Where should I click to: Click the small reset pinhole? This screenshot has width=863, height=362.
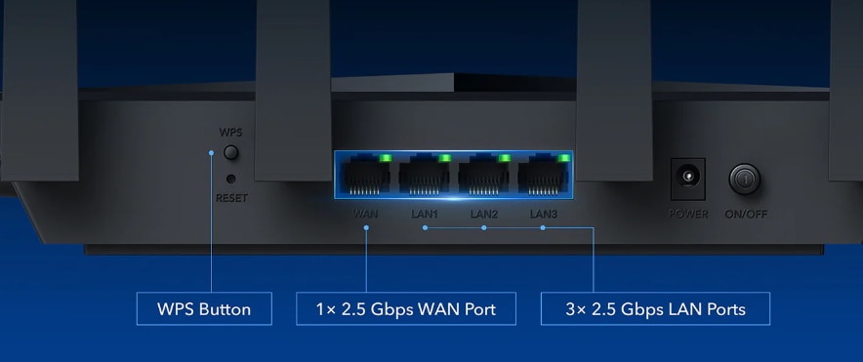231,179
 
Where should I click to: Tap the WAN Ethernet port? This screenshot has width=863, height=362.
365,175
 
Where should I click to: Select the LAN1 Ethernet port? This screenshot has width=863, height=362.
425,175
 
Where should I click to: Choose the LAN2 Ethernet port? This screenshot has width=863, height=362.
484,175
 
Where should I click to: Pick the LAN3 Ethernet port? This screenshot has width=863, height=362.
543,175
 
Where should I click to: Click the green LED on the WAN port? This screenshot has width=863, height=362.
386,158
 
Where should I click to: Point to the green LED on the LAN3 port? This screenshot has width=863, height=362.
563,158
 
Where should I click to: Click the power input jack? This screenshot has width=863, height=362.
687,179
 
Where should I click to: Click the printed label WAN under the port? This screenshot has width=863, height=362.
365,214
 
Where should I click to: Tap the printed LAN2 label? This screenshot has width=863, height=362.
484,214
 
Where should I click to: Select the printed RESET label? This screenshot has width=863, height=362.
231,197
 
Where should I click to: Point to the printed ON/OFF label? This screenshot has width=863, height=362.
746,214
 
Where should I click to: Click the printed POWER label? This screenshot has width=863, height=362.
688,214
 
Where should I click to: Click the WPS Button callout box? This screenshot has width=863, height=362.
204,308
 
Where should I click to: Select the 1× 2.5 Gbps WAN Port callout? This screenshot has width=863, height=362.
406,308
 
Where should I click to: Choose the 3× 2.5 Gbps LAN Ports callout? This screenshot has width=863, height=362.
655,308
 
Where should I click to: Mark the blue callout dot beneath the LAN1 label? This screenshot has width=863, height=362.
425,227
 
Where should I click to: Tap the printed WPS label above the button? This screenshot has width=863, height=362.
230,133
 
